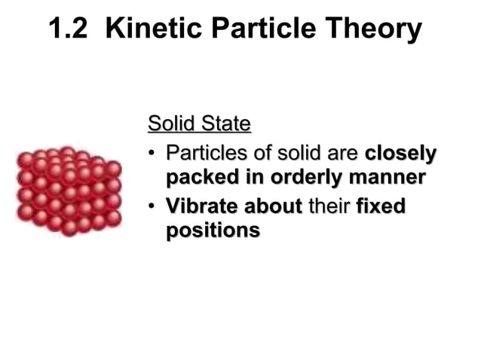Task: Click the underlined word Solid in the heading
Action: [x=170, y=123]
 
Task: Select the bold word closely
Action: [x=400, y=154]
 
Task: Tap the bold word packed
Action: [x=201, y=179]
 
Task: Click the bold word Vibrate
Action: [x=197, y=205]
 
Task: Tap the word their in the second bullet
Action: [x=329, y=205]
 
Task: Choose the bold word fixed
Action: [x=381, y=205]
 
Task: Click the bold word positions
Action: [x=212, y=230]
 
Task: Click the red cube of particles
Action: [x=69, y=190]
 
